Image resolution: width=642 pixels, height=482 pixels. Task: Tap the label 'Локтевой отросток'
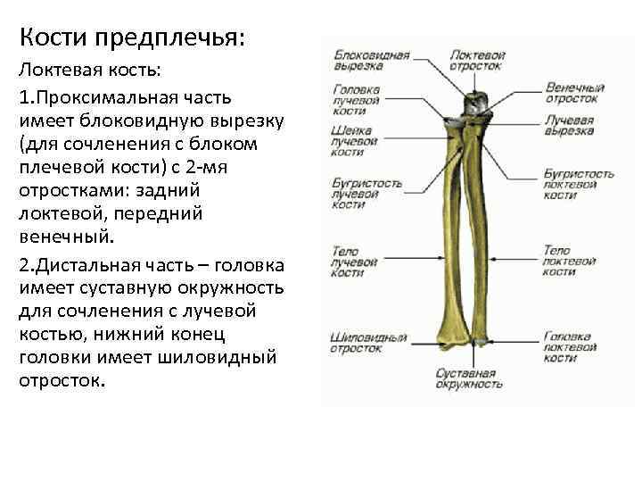coord(476,60)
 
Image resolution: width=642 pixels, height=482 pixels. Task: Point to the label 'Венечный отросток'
coord(575,93)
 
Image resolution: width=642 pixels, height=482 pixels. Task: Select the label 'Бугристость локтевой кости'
coord(579,184)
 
